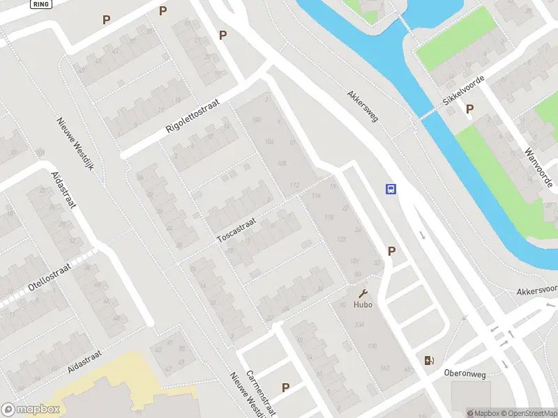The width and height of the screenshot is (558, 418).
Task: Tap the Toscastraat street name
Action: (237, 228)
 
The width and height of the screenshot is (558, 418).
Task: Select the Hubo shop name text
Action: (363, 304)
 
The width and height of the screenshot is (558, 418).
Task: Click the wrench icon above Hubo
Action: (363, 293)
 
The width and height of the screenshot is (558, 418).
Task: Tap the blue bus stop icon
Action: (391, 189)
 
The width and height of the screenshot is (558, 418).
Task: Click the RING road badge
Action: (41, 3)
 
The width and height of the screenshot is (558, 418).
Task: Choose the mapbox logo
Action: (31, 410)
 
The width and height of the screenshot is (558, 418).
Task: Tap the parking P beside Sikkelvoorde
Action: (470, 109)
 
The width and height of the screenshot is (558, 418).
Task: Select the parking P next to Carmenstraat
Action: (285, 387)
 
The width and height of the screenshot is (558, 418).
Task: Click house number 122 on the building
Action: (342, 239)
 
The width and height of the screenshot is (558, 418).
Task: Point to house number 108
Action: (282, 164)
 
